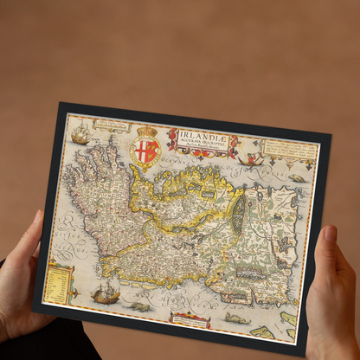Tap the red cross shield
click(x=145, y=151)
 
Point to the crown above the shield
click(x=147, y=132)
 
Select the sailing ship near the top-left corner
click(x=80, y=134)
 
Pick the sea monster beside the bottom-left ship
click(x=139, y=305)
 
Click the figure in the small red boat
click(x=254, y=159)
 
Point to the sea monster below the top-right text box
click(x=297, y=177)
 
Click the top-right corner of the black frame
click(x=330, y=134)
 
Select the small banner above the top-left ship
click(x=112, y=126)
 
